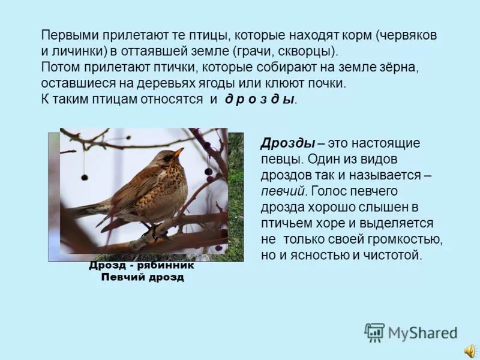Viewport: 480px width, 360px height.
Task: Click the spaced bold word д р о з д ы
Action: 260,99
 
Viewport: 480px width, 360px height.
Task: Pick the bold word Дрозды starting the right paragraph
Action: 288,143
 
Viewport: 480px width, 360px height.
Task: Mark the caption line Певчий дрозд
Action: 143,277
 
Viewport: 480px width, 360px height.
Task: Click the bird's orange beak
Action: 178,152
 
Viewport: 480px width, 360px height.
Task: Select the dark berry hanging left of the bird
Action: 85,177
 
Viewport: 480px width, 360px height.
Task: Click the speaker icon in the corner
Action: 469,350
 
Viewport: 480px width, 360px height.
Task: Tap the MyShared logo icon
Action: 375,332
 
